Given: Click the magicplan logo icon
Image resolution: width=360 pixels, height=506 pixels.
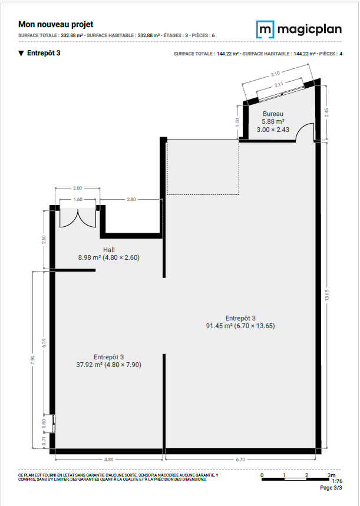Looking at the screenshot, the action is (265, 29).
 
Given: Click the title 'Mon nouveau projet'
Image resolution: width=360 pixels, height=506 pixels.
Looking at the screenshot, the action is (56, 25).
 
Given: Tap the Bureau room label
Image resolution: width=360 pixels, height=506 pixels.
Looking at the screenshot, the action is (273, 114).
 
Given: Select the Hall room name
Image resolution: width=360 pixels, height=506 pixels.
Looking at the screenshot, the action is (109, 250).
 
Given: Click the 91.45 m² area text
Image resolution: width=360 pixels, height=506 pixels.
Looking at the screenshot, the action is (219, 326).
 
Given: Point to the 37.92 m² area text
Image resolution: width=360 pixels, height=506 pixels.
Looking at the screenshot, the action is (90, 365).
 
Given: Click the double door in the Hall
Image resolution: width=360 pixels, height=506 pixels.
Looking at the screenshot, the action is (78, 218).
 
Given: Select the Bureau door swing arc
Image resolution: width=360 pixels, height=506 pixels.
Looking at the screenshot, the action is (305, 131).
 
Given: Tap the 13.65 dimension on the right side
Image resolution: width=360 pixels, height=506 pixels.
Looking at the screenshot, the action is (327, 295).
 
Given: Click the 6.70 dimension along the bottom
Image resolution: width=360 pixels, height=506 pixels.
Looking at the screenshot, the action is (240, 459).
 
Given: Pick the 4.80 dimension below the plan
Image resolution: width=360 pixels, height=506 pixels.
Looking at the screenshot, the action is (109, 459).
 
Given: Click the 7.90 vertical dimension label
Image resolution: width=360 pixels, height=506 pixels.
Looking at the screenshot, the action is (32, 360).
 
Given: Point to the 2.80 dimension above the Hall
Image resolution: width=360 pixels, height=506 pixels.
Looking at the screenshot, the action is (131, 200).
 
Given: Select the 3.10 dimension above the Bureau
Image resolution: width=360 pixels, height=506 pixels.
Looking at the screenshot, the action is (275, 74).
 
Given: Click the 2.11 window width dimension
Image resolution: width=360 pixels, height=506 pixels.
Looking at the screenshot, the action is (279, 85).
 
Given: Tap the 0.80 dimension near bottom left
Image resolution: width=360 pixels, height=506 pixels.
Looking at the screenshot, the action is (44, 423).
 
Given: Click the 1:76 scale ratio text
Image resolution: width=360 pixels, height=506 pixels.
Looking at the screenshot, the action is (337, 481).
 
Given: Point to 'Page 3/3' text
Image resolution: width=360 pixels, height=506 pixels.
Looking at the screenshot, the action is (331, 488).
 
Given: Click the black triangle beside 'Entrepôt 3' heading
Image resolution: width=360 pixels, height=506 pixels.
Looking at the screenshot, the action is (21, 53).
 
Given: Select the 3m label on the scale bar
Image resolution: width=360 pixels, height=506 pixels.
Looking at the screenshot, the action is (331, 475).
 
